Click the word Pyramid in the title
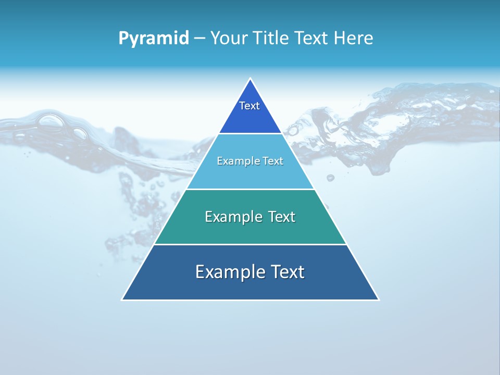point(154,38)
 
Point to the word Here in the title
point(354,38)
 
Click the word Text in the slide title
point(310,38)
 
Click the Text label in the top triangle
point(249,106)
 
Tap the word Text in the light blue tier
point(273,161)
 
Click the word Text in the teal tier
point(282,217)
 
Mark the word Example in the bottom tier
point(230,272)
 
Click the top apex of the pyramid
point(251,79)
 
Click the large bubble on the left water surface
point(52,121)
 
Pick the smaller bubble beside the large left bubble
point(80,133)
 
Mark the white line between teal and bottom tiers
point(250,244)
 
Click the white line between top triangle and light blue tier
point(250,133)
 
